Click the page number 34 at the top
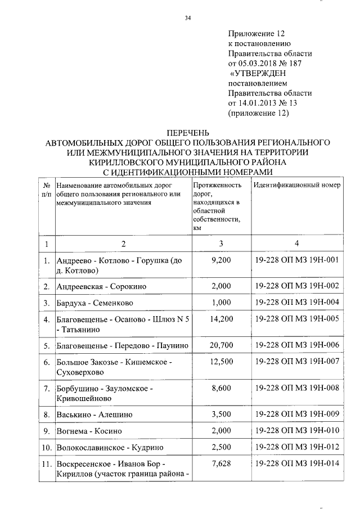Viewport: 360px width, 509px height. pos(188,19)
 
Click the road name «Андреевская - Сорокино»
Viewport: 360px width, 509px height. pos(102,286)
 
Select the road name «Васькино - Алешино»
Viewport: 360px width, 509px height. pos(95,415)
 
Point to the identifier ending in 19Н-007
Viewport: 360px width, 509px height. pos(296,362)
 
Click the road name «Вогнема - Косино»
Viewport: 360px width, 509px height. pos(89,431)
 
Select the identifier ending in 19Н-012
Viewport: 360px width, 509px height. pos(296,448)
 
